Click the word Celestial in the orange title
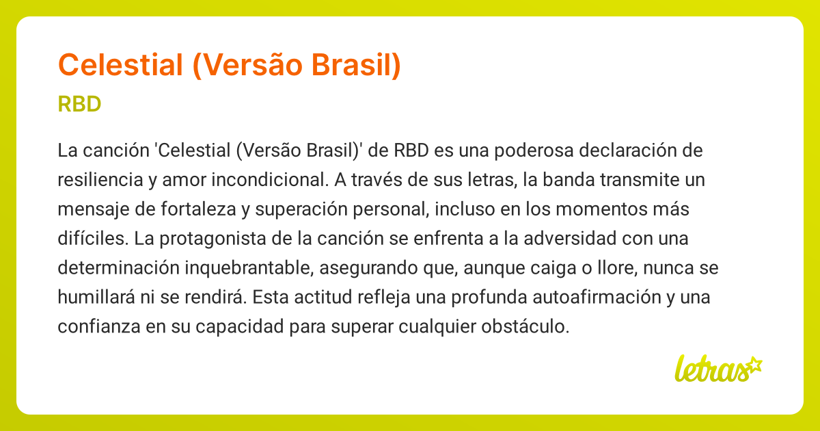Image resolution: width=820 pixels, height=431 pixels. coord(120,65)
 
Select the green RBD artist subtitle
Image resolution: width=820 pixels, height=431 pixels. coord(79,104)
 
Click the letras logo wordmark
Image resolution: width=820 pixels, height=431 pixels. coord(712,369)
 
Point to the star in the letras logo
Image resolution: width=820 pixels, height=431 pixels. coord(754,365)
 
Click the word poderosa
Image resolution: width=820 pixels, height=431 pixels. coord(534,151)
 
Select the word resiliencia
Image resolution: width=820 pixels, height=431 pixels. coord(100,180)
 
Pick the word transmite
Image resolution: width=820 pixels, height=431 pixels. coord(640,180)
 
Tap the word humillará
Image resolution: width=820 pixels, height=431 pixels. coord(96,297)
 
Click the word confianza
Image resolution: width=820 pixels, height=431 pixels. coord(99,326)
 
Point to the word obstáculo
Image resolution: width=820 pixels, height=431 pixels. coord(525,326)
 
